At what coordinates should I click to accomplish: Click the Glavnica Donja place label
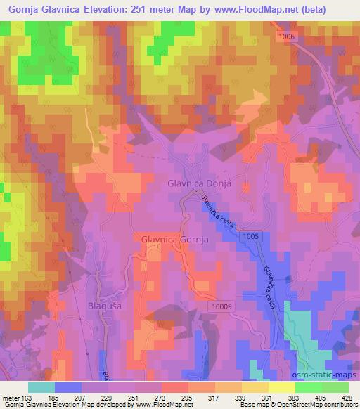[200, 183]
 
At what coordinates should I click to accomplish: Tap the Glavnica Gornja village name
[175, 239]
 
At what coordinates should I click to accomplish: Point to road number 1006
[286, 36]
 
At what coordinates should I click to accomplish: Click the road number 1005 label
[256, 239]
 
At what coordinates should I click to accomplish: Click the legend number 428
[347, 398]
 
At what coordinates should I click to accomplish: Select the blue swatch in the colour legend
[67, 387]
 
